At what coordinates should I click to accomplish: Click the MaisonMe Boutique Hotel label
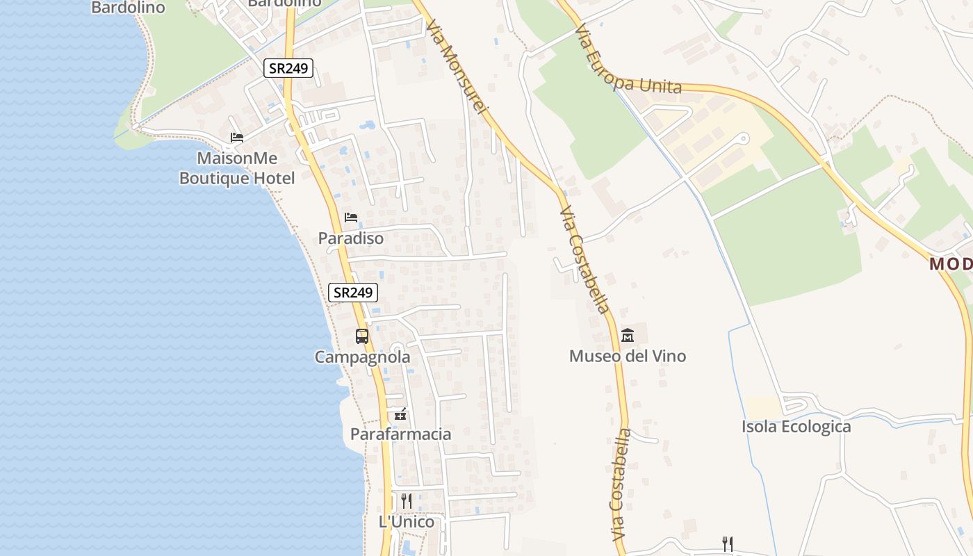tap(237, 168)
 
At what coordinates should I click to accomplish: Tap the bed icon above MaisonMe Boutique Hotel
tap(237, 138)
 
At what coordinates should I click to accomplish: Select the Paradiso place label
tap(351, 238)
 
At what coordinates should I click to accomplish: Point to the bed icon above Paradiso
tap(351, 218)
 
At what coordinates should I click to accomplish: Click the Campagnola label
tap(362, 357)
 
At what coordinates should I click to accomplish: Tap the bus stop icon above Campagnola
tap(362, 336)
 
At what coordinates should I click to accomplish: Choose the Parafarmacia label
tap(400, 434)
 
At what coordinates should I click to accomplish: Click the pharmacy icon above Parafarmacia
tap(400, 414)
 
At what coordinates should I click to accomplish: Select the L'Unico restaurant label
tap(407, 521)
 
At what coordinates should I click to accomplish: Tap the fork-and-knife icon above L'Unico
tap(407, 500)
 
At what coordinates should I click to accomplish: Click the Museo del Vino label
tap(628, 356)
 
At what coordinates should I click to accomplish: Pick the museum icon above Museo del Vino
tap(628, 336)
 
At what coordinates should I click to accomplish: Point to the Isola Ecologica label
tap(796, 426)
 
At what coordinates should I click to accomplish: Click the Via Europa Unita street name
tap(628, 61)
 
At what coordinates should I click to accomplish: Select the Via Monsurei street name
tap(459, 66)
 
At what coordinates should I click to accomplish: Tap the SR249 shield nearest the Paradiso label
tap(353, 293)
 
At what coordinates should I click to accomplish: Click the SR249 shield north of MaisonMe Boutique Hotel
tap(288, 68)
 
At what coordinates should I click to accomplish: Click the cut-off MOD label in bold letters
tap(950, 264)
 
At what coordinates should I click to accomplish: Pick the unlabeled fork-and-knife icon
tap(728, 543)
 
